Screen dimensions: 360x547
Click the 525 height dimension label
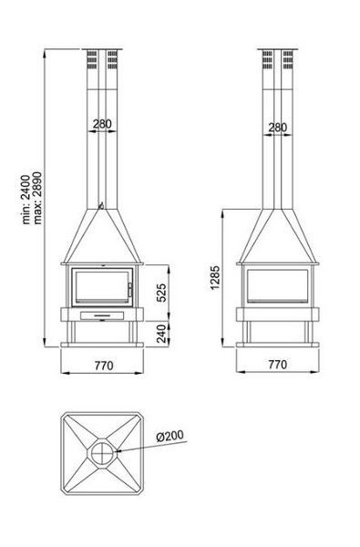pyautogui.click(x=161, y=293)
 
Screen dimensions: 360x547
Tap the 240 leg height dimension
pyautogui.click(x=161, y=334)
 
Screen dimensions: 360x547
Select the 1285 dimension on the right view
pyautogui.click(x=215, y=278)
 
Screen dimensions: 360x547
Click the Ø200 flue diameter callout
pyautogui.click(x=170, y=436)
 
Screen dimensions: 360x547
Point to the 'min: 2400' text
pyautogui.click(x=26, y=200)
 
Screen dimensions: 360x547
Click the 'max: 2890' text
pyautogui.click(x=37, y=198)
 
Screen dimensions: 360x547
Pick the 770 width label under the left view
pyautogui.click(x=104, y=366)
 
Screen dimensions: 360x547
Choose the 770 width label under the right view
pyautogui.click(x=278, y=365)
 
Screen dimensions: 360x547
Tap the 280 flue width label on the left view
pyautogui.click(x=103, y=124)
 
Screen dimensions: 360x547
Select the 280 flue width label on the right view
pyautogui.click(x=278, y=128)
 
